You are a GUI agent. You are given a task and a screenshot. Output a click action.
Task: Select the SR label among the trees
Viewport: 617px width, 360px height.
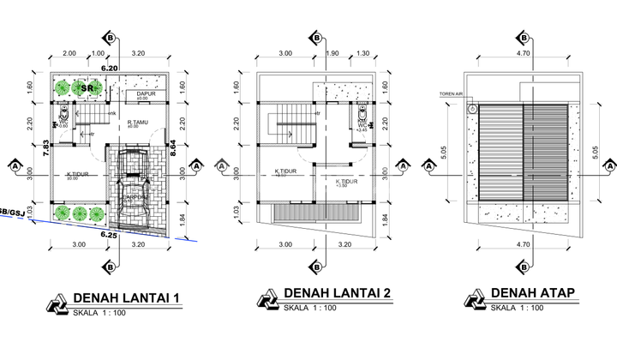click(87, 87)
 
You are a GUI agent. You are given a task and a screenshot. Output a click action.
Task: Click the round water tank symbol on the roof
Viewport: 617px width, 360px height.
click(471, 110)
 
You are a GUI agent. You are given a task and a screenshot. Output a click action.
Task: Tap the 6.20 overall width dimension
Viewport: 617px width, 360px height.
click(109, 67)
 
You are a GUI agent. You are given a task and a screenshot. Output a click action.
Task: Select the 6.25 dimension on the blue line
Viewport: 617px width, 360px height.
click(109, 234)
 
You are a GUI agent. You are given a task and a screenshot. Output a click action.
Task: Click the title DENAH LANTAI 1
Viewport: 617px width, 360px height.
click(128, 297)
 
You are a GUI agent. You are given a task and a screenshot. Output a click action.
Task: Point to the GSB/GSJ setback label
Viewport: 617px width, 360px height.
click(11, 208)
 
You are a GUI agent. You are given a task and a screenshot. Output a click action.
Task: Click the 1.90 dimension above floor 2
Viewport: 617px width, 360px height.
click(333, 53)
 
